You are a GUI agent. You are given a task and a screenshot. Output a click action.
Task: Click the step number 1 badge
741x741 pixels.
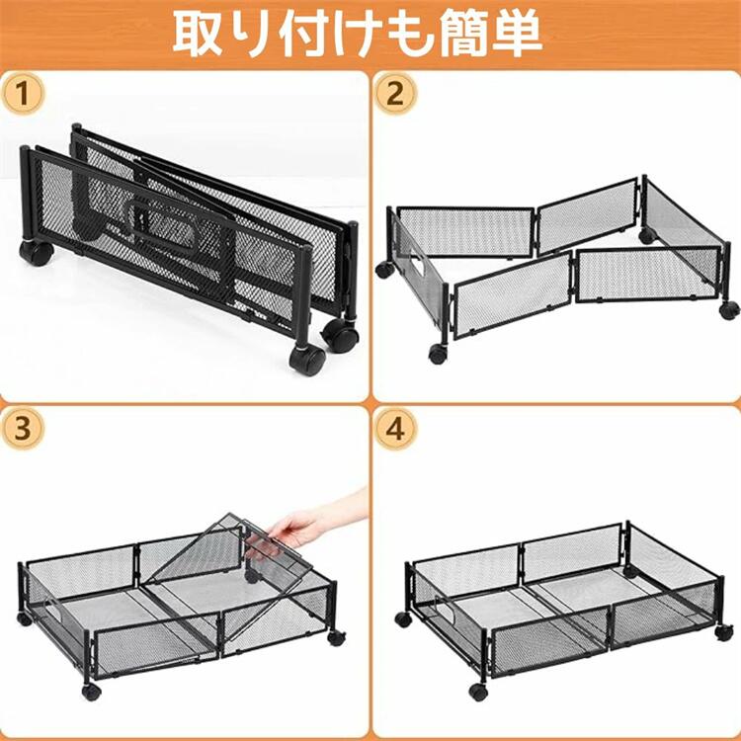click(23, 93)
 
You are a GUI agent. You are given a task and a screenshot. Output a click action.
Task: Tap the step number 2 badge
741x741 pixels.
click(395, 93)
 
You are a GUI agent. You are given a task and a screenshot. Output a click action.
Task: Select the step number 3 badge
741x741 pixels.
click(23, 429)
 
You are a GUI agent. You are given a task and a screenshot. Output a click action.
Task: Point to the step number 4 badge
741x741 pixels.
click(395, 429)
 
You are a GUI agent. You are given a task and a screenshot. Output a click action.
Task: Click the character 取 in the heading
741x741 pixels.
click(198, 34)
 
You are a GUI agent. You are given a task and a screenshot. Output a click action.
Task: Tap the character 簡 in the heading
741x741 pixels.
click(462, 34)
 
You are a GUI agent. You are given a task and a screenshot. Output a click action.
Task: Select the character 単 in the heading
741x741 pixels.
click(517, 34)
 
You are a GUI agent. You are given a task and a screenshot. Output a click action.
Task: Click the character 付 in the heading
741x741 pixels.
click(306, 34)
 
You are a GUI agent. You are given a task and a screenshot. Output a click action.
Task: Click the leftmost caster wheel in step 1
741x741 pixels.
click(36, 253)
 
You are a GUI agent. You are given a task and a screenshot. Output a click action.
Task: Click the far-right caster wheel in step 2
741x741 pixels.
click(729, 309)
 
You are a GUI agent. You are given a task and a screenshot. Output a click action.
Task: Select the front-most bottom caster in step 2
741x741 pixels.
click(438, 354)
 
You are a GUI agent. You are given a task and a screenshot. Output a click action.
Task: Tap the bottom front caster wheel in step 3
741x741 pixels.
click(91, 692)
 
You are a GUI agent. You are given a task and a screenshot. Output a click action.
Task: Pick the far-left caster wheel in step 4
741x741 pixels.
click(403, 619)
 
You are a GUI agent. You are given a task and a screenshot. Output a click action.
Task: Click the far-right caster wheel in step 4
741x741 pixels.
click(723, 632)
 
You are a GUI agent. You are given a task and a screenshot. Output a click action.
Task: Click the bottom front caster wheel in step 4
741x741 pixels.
click(479, 692)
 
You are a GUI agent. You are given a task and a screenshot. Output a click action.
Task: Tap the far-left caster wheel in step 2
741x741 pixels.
click(384, 270)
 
